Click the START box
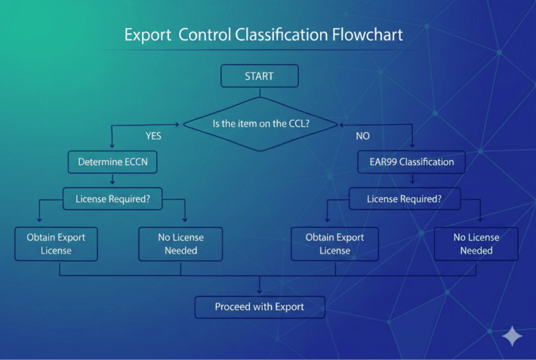click(x=259, y=76)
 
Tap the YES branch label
click(x=153, y=137)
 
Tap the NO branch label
click(x=362, y=137)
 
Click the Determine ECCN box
click(x=112, y=161)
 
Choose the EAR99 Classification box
click(x=411, y=161)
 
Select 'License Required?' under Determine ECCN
click(x=112, y=199)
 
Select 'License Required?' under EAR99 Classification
click(x=404, y=199)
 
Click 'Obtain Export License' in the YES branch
click(x=56, y=243)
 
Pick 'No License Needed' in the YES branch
click(x=180, y=243)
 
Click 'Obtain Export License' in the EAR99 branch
click(x=334, y=243)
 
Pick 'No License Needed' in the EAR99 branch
click(x=476, y=243)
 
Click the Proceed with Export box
click(x=259, y=306)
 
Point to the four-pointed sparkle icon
click(x=512, y=336)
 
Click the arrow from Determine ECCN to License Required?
click(x=112, y=180)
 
